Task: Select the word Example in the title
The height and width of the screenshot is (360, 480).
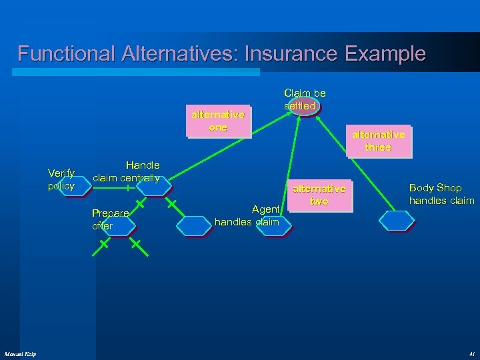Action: (x=387, y=53)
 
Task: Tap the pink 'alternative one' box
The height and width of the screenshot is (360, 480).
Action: (x=218, y=121)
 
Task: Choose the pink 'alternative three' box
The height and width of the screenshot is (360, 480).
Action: (x=378, y=141)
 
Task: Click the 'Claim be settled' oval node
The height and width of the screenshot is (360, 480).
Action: (x=303, y=107)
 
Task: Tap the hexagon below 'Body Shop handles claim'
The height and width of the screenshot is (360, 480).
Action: (x=396, y=220)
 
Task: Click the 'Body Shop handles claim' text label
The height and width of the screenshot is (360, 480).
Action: (x=441, y=194)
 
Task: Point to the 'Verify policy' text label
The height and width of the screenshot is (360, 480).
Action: (x=61, y=179)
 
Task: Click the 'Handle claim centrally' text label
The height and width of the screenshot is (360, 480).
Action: (x=126, y=171)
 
